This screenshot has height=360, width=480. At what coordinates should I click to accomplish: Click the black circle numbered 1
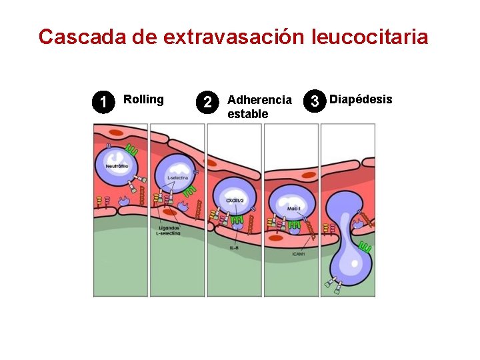pos(102,102)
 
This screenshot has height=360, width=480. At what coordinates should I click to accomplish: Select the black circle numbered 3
pos(314,102)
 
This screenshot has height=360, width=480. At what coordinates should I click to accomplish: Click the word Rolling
pos(143,99)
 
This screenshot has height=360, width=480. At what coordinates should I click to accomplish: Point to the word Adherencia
pos(259,100)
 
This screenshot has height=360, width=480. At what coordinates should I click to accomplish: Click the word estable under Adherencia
pos(247,114)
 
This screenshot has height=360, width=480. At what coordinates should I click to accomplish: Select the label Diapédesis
pos(361,99)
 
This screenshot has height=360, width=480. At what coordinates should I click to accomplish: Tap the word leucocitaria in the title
pos(369,37)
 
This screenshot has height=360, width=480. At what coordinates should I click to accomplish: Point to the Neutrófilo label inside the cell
pos(116,161)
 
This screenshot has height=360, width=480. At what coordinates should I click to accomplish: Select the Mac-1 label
pos(294,209)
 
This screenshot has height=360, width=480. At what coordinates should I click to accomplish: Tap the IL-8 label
pos(234,248)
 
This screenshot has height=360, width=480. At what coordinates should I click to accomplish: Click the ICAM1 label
pos(299,254)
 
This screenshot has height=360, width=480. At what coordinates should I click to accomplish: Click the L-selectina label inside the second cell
pos(177,179)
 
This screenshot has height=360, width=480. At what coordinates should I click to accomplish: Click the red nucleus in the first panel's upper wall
pos(116,133)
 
